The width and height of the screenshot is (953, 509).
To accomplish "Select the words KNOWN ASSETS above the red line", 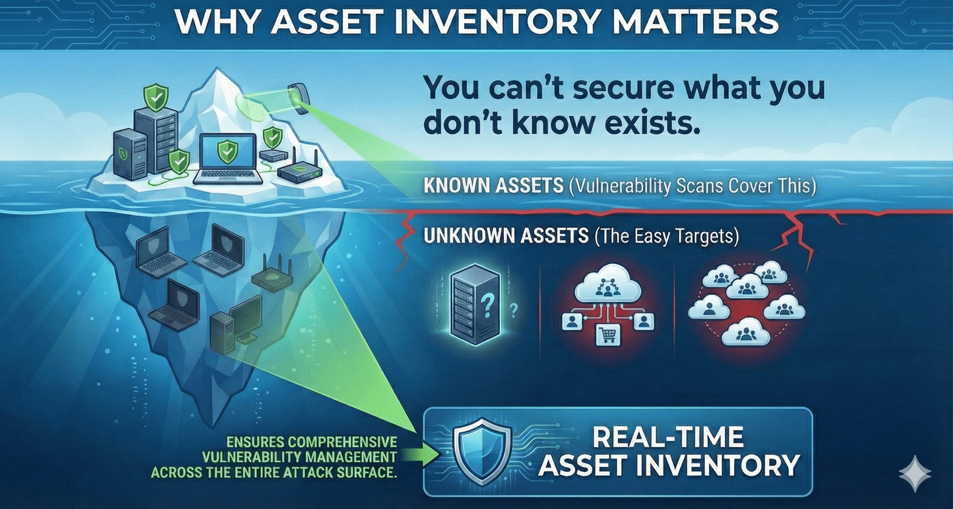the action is pyautogui.click(x=493, y=186).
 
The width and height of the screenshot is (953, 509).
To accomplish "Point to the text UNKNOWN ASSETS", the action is pyautogui.click(x=506, y=236).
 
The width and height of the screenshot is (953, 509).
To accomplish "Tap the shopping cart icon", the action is pyautogui.click(x=608, y=334).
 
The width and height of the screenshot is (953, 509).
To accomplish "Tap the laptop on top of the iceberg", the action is pyautogui.click(x=228, y=159).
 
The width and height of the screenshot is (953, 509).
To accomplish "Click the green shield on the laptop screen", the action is pyautogui.click(x=227, y=152).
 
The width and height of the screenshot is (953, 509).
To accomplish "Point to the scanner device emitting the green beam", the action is pyautogui.click(x=299, y=98).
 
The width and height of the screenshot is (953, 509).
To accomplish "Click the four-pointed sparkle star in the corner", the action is pyautogui.click(x=915, y=474).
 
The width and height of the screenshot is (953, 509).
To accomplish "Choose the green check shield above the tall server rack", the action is pyautogui.click(x=156, y=98).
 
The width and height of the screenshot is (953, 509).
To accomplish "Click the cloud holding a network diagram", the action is pyautogui.click(x=607, y=284).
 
